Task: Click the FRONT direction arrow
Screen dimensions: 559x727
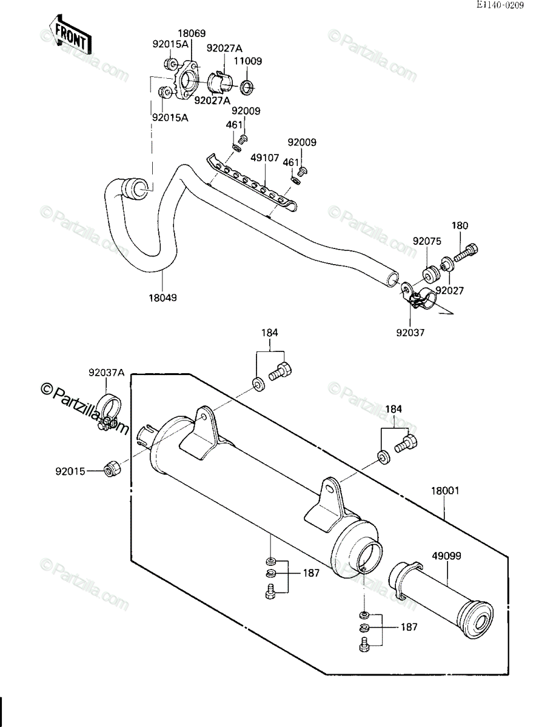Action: point(70,35)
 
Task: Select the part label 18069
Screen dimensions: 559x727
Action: point(192,33)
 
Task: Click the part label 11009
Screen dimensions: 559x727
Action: point(248,61)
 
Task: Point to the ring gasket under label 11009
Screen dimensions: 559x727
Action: point(247,88)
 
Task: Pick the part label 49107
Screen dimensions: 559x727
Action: point(265,158)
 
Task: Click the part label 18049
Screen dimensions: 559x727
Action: point(162,297)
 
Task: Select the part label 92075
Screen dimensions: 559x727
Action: point(427,241)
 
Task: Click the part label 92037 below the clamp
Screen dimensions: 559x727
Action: point(410,333)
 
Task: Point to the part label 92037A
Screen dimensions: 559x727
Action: point(107,373)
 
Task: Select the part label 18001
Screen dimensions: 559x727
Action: point(445,491)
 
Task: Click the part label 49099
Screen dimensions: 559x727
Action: point(446,556)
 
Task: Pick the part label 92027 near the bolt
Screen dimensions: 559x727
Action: point(450,291)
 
